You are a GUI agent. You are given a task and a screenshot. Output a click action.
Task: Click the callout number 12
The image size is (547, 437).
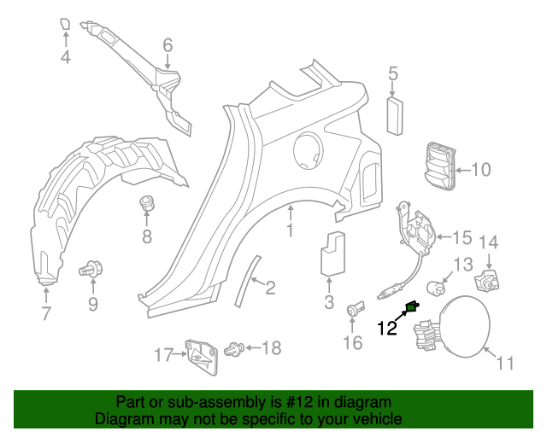pos(387,327)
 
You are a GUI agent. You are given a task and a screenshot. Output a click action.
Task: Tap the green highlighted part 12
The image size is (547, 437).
pos(412,308)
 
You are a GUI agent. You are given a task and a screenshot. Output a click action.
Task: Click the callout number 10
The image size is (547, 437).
pos(481,170)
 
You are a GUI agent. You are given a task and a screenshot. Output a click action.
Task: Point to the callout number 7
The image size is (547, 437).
pos(46,313)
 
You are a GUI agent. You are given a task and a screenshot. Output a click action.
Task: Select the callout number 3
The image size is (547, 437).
pos(329,302)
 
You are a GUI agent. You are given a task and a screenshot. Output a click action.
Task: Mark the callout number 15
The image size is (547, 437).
pos(462,236)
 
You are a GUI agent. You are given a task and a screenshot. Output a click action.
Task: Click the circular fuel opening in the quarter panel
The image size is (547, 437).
pos(309,152)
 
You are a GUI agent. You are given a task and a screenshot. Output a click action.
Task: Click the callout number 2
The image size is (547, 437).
pos(269,288)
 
